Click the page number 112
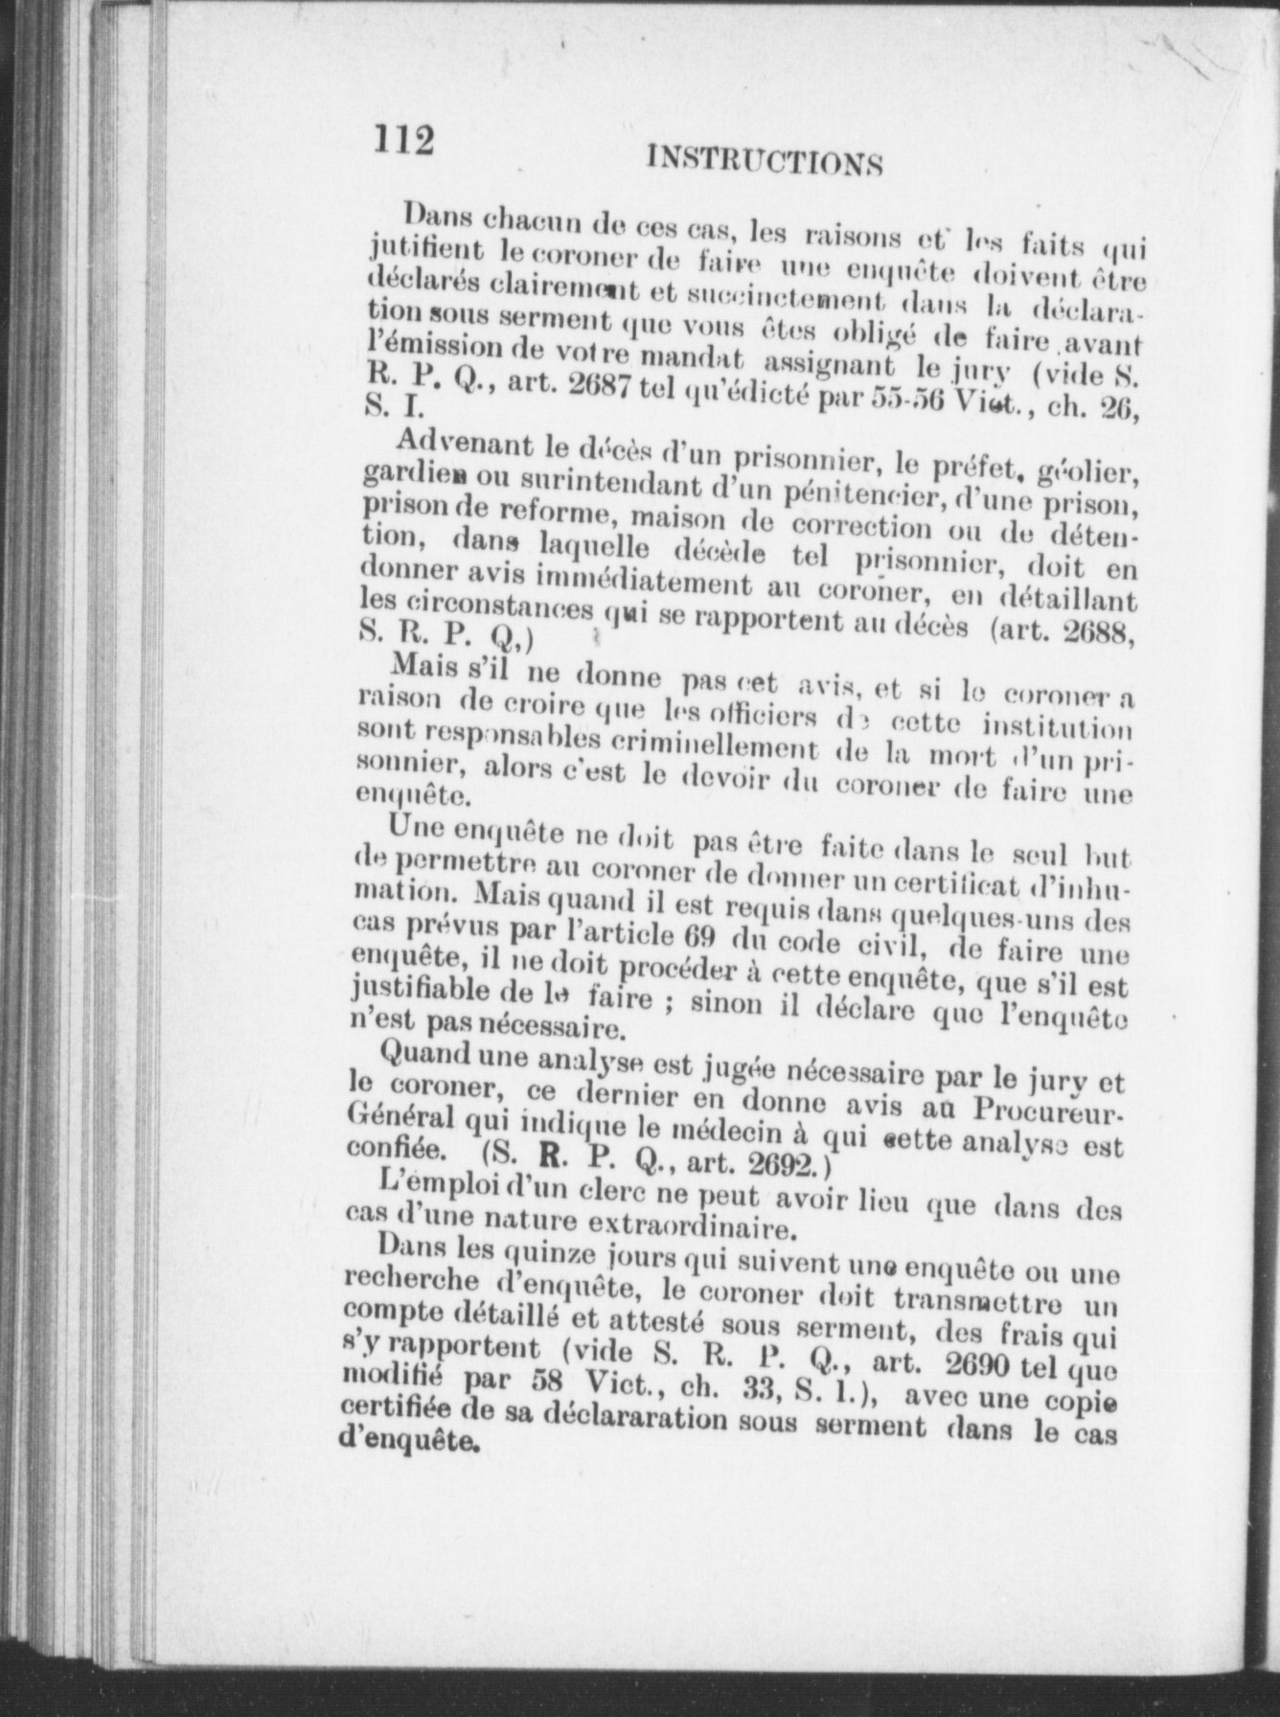point(403,141)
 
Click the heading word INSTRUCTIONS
point(764,160)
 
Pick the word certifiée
point(393,1411)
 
